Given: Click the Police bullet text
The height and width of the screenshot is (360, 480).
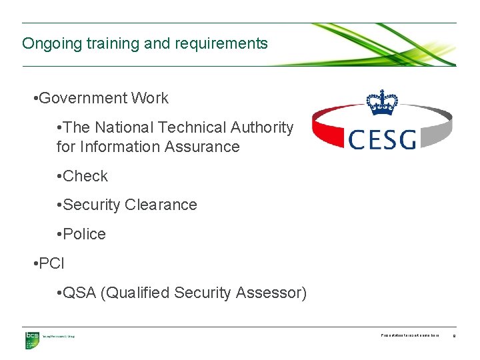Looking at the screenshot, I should pyautogui.click(x=85, y=235).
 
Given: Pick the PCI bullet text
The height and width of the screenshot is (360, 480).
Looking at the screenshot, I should pyautogui.click(x=51, y=263).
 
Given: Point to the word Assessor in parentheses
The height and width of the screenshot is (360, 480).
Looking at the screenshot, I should pyautogui.click(x=273, y=293).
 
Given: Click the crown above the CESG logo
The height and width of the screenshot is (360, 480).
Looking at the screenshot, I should pyautogui.click(x=382, y=103).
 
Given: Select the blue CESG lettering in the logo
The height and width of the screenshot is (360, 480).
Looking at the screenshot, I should pyautogui.click(x=383, y=139).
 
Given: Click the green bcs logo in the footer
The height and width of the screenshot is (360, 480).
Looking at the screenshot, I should pyautogui.click(x=32, y=340).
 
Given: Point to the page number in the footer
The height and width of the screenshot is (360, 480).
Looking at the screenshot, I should pyautogui.click(x=454, y=337).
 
